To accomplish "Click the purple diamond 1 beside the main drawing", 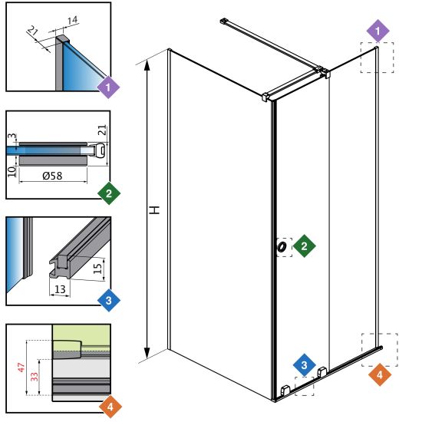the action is click(377, 31).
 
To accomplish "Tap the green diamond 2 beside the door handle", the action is click(304, 246).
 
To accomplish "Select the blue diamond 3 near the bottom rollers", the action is click(304, 365).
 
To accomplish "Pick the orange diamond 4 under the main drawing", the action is click(380, 374).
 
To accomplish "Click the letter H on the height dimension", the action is click(154, 210).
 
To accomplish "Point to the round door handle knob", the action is click(282, 247).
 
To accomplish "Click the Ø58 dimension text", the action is click(52, 176).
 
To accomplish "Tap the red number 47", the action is click(21, 368).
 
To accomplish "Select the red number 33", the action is click(35, 377).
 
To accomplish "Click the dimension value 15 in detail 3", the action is click(97, 269).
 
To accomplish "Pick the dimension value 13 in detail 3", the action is click(60, 289).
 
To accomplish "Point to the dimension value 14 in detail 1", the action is click(72, 20).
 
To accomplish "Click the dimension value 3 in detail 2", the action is click(12, 136).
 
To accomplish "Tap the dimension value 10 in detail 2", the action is click(12, 172).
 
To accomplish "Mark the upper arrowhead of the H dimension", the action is click(147, 65).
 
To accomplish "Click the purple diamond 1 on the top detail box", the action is click(108, 87).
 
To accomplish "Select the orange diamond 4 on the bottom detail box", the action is click(110, 407).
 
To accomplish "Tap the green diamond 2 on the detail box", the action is click(109, 193).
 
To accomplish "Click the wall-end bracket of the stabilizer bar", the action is click(224, 21).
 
